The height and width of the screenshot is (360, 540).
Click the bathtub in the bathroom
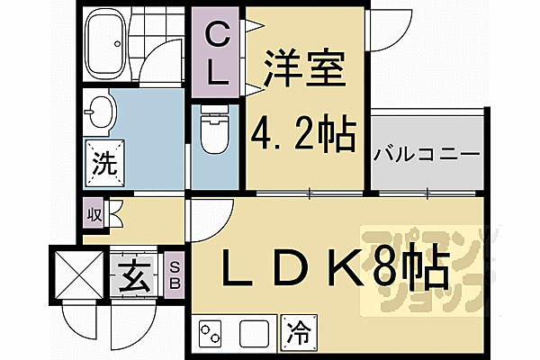click(x=104, y=43)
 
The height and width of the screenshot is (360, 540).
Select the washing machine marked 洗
click(x=105, y=164)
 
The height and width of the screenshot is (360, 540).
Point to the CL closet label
click(x=217, y=55)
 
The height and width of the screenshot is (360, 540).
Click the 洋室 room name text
click(x=305, y=70)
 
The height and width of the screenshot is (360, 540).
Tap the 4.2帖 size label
click(x=302, y=135)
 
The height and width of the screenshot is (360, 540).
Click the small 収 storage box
click(x=94, y=215)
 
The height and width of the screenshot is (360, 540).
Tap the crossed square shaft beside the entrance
click(x=79, y=275)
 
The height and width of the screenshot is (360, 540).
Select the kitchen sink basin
click(x=254, y=334)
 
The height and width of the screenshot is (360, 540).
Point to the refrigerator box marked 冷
click(x=299, y=333)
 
